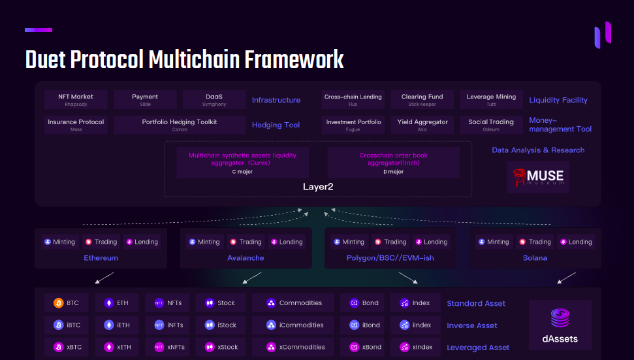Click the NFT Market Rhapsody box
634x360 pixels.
pos(76,100)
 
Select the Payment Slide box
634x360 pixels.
pos(145,100)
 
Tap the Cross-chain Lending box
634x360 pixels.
pos(353,100)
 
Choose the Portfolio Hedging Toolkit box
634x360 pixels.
pos(180,125)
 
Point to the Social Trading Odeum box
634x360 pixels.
pos(491,125)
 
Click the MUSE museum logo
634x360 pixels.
pos(538,177)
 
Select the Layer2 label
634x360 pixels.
pos(318,187)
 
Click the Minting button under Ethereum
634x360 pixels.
pos(60,242)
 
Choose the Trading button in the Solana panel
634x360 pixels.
pos(535,242)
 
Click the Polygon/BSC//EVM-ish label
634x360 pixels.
pos(390,258)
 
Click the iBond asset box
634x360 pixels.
pos(365,325)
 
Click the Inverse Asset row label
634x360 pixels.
pos(471,325)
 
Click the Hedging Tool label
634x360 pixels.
pos(276,125)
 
